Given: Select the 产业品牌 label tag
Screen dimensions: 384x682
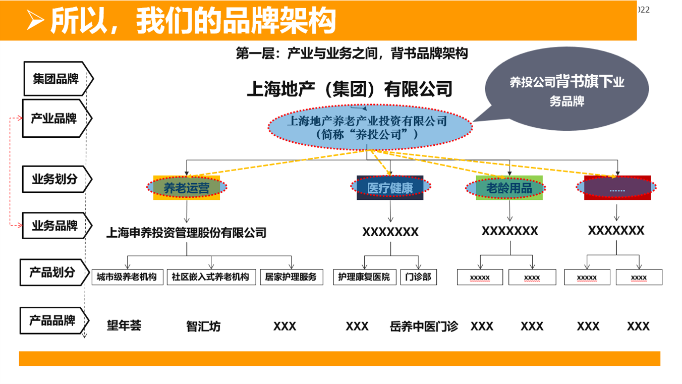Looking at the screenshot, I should (x=54, y=119).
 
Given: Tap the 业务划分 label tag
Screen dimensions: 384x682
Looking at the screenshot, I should (x=54, y=179).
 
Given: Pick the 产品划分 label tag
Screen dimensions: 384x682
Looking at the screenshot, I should (x=52, y=272).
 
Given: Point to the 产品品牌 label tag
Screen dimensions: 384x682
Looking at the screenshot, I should (x=52, y=320).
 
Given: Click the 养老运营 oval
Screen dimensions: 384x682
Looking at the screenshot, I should (x=187, y=188).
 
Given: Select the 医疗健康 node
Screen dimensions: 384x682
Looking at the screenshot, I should (x=390, y=188).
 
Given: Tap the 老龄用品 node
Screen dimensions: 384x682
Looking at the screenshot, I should (x=509, y=188).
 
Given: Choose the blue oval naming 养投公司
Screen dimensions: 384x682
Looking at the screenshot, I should (x=370, y=127).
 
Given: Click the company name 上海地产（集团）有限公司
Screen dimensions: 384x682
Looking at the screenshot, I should (x=349, y=89).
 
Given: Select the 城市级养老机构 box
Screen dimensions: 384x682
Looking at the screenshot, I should (x=127, y=277).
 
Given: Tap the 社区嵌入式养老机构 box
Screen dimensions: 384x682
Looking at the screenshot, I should (x=210, y=277).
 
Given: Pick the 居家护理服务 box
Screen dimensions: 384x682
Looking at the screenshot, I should (x=291, y=277).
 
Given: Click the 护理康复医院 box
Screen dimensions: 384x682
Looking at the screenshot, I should (x=364, y=277).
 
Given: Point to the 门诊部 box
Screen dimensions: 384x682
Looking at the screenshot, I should (x=418, y=277).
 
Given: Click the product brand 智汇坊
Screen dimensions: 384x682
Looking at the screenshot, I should (x=203, y=326).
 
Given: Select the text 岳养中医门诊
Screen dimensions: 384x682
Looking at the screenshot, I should (x=424, y=326).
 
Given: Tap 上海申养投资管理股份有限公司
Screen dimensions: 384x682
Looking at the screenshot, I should (x=186, y=233).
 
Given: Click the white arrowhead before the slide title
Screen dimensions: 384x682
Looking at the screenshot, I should (x=35, y=20).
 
